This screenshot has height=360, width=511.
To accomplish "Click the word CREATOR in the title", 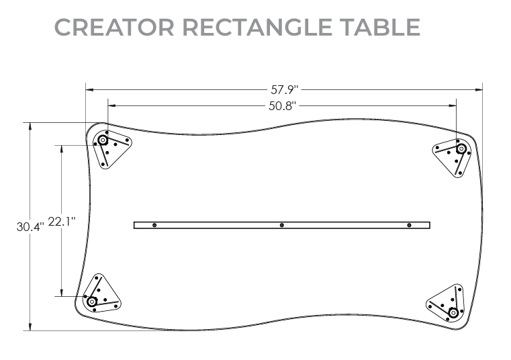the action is tap(114, 27).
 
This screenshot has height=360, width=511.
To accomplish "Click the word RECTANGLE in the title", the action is tap(256, 27).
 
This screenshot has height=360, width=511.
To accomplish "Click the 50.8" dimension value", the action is tap(283, 105).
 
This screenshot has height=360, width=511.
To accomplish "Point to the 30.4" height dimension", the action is tap(30, 227).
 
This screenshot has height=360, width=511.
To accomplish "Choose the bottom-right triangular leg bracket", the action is tap(447, 304).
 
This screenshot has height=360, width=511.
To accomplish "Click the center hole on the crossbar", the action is tap(282, 225).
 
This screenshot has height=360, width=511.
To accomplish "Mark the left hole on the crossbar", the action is tap(154, 225).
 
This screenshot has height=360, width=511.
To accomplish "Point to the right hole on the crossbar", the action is tap(409, 225).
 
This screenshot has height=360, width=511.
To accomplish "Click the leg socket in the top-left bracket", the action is tap(103, 140).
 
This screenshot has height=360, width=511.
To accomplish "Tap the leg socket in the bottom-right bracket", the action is tap(454, 312).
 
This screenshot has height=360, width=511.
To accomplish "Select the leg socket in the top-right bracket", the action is tap(461, 148).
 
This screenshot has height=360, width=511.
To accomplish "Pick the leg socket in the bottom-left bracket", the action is tap(92, 301).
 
